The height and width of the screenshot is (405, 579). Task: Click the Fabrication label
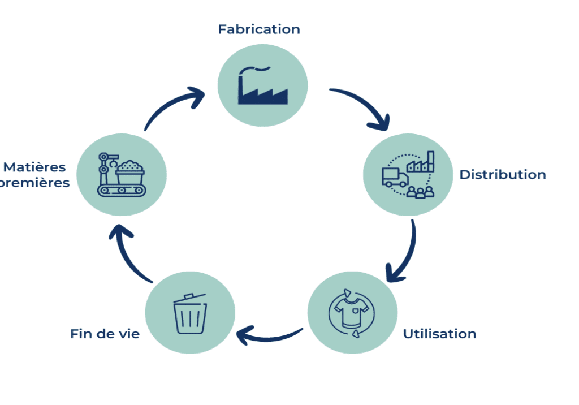tap(259, 29)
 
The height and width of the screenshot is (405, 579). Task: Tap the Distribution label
tap(502, 175)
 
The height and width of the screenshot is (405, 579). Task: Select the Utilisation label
tap(439, 334)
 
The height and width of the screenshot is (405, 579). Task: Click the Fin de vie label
tap(105, 334)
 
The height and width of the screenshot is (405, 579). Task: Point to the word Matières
tap(34, 167)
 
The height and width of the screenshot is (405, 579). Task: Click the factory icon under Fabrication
tap(262, 91)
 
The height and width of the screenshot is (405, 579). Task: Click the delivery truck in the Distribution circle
tap(395, 178)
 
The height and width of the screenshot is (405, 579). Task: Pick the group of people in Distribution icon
tap(421, 192)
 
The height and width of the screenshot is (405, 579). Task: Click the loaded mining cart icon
tap(130, 171)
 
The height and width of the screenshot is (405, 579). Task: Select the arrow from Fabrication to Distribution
tap(364, 106)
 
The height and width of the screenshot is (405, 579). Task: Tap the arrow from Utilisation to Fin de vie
tap(269, 336)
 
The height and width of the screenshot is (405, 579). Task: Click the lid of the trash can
tap(188, 298)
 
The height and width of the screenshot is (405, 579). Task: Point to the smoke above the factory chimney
tap(254, 70)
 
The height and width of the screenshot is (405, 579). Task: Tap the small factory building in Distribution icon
tap(422, 163)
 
